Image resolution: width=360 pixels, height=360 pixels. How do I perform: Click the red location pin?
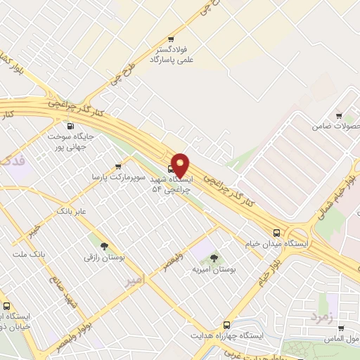[180, 165]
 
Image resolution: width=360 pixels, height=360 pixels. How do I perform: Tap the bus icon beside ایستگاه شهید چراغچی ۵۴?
[172, 169]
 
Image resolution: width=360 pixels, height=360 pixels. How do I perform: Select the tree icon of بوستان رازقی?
[104, 246]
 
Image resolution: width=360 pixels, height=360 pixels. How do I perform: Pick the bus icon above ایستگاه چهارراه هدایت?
[226, 325]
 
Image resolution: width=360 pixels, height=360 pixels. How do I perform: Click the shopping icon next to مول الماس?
[340, 328]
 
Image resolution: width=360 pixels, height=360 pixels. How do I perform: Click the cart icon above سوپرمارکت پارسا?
[108, 166]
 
